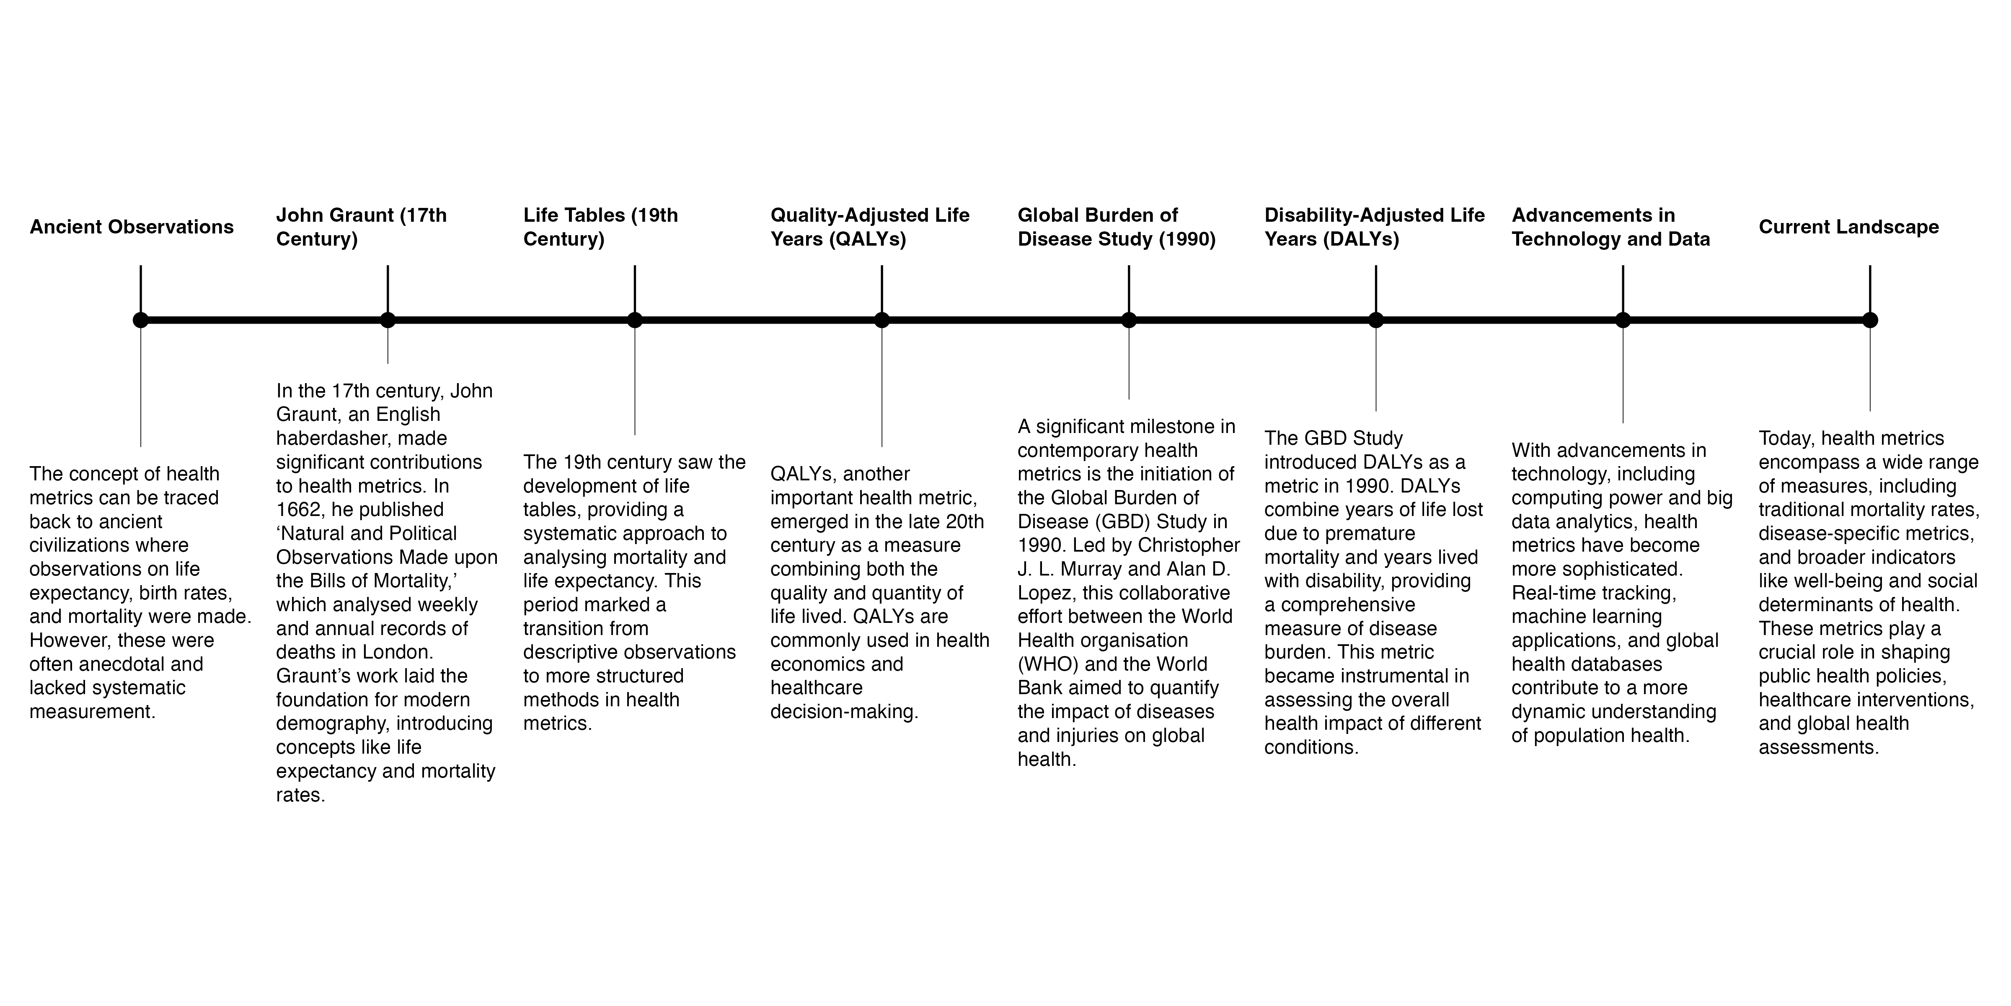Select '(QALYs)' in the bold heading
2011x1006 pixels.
(x=868, y=239)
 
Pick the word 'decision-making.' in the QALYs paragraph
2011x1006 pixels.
(x=844, y=712)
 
